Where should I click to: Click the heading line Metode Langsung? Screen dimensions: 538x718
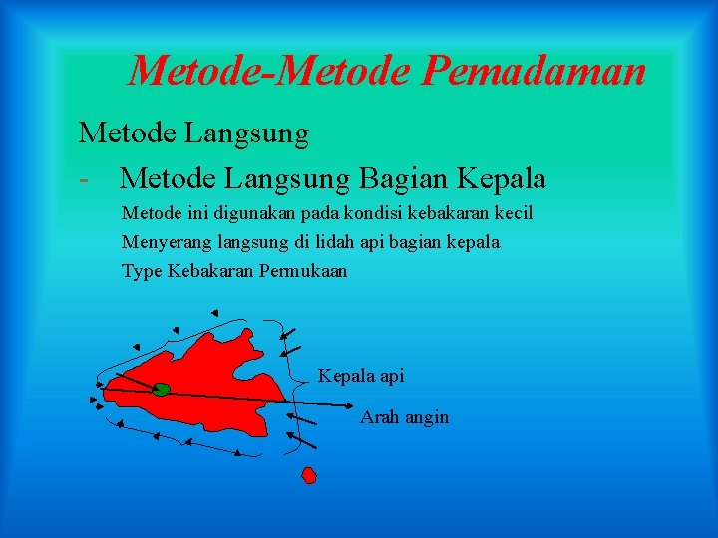[193, 132]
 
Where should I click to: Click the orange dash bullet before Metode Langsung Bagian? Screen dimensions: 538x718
[86, 179]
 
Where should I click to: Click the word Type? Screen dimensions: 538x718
[141, 271]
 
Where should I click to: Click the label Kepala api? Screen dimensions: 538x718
[361, 376]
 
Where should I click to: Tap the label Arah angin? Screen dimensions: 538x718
[404, 417]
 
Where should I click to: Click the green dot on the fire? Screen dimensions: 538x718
[161, 389]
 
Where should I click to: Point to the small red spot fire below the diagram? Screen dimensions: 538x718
[309, 475]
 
